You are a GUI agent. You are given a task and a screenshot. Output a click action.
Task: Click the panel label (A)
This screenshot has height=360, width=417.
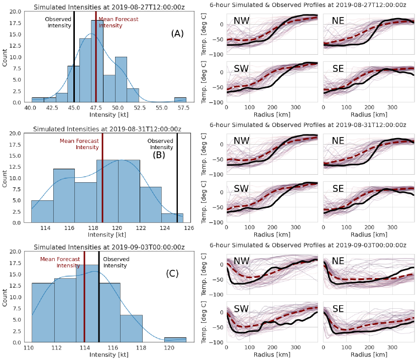[177, 34]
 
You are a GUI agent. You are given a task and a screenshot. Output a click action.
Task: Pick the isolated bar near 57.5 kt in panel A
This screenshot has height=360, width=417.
[180, 99]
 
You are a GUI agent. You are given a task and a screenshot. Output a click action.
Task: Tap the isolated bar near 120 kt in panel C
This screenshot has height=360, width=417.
[175, 339]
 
